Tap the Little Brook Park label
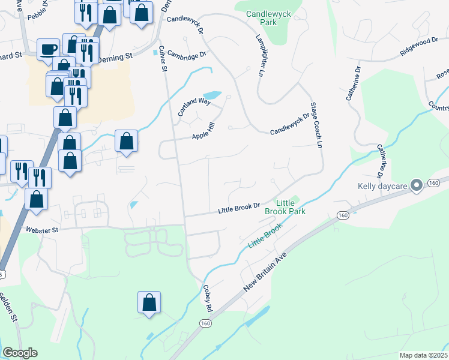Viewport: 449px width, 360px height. click(x=291, y=207)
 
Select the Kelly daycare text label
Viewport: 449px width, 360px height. click(x=383, y=186)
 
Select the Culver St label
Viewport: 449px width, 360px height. click(x=163, y=59)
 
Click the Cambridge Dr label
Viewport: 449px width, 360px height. click(x=187, y=54)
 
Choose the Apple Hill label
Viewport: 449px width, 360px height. click(x=203, y=133)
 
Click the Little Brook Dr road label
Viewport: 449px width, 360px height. click(x=238, y=208)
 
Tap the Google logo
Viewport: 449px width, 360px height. click(x=20, y=353)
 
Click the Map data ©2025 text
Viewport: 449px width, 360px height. click(x=423, y=355)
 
